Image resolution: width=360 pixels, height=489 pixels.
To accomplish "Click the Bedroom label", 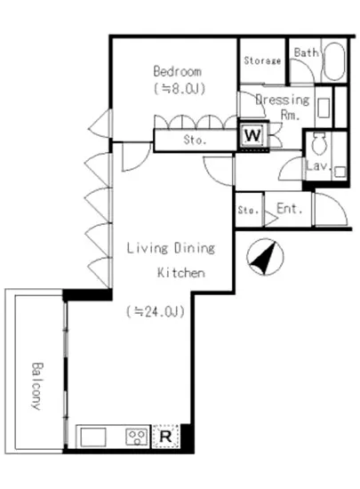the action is [x=177, y=71].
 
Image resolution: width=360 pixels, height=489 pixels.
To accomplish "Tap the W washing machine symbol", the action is [x=252, y=136].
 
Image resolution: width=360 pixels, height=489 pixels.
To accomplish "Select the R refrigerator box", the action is [x=165, y=436].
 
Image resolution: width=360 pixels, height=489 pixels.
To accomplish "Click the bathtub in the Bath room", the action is [x=334, y=61].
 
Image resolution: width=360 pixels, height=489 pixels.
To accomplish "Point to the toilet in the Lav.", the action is [x=319, y=144].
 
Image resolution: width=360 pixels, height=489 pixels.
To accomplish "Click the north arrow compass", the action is [x=265, y=257].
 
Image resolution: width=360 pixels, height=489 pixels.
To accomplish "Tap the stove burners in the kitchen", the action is [x=137, y=437].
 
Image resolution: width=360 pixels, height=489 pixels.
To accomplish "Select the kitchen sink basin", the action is [x=92, y=437].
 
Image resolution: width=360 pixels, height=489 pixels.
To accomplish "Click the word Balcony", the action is [x=36, y=386].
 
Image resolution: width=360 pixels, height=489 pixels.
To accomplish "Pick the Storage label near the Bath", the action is [x=262, y=60].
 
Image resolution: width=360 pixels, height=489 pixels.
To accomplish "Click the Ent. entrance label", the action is [x=290, y=209].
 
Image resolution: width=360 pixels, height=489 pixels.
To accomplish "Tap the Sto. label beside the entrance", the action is [x=248, y=210].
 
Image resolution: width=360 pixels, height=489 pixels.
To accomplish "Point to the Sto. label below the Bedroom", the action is [x=196, y=140].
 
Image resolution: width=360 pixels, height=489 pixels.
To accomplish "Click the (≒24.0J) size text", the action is [x=156, y=311].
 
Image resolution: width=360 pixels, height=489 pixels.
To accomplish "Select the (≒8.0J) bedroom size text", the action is [x=180, y=89].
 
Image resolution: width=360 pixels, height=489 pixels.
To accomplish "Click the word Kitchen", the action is [x=181, y=273].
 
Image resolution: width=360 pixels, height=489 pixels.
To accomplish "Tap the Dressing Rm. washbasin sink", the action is [x=324, y=108].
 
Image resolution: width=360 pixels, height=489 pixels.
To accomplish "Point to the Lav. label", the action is [x=318, y=165].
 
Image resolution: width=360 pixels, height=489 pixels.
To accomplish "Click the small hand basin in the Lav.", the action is [x=340, y=172].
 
